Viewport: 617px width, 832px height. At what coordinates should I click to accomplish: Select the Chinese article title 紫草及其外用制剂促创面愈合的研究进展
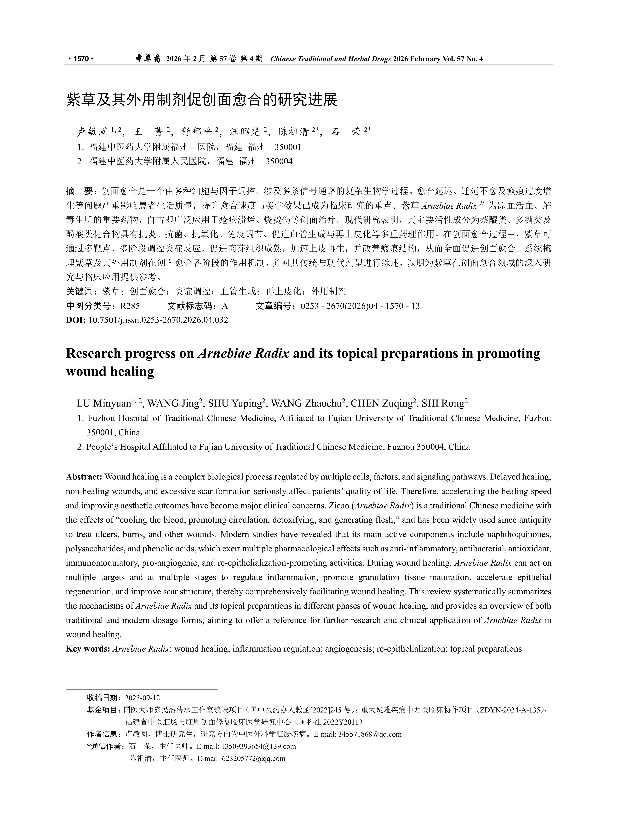point(202,100)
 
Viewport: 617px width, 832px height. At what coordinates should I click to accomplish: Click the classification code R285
point(130,306)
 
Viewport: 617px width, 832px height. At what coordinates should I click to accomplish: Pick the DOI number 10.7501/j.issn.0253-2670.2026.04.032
point(158,320)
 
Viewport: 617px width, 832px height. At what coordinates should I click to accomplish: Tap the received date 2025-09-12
point(142,698)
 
